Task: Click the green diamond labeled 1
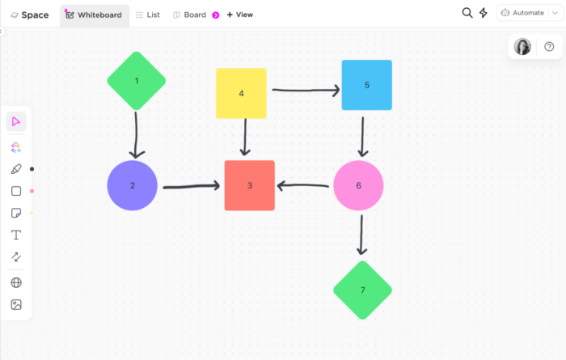tap(137, 80)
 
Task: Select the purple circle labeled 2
tap(132, 185)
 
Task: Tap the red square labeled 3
tap(249, 185)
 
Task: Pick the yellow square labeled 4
tap(241, 93)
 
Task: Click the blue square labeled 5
tap(366, 85)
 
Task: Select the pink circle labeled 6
tap(358, 185)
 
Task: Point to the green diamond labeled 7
tap(362, 290)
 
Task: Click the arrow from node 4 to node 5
tap(305, 90)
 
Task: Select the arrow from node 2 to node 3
tap(191, 187)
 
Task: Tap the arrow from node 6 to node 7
tap(361, 235)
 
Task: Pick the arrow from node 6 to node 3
tap(302, 186)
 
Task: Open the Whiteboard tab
tap(94, 15)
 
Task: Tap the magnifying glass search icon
tap(467, 13)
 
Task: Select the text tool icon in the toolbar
tap(16, 235)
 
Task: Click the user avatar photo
tap(523, 47)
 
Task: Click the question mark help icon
tap(549, 47)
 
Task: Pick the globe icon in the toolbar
tap(16, 282)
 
